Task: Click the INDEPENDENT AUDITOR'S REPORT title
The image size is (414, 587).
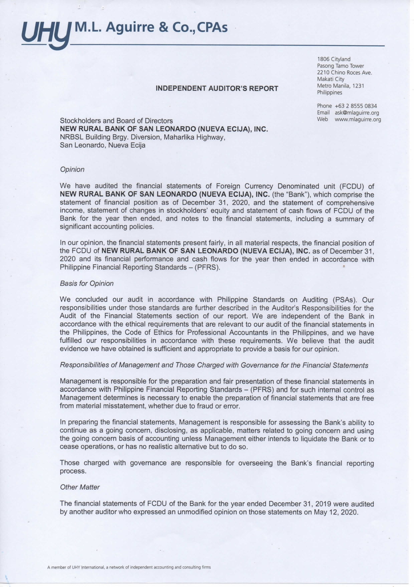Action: pyautogui.click(x=217, y=89)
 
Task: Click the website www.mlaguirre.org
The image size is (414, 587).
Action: pyautogui.click(x=358, y=119)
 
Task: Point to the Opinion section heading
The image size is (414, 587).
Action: pyautogui.click(x=72, y=170)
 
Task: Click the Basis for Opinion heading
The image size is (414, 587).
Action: pyautogui.click(x=86, y=284)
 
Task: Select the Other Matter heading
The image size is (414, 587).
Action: pyautogui.click(x=79, y=487)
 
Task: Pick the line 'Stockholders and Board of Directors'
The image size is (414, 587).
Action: pyautogui.click(x=116, y=121)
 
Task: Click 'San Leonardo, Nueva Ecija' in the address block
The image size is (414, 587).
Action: pyautogui.click(x=102, y=145)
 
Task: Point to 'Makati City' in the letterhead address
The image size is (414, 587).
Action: pyautogui.click(x=331, y=79)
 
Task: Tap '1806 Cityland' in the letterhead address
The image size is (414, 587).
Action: pyautogui.click(x=334, y=59)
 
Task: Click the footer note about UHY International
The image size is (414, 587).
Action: pyautogui.click(x=129, y=567)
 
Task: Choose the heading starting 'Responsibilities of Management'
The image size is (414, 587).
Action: pyautogui.click(x=214, y=366)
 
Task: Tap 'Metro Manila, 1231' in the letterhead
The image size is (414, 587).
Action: pyautogui.click(x=340, y=86)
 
